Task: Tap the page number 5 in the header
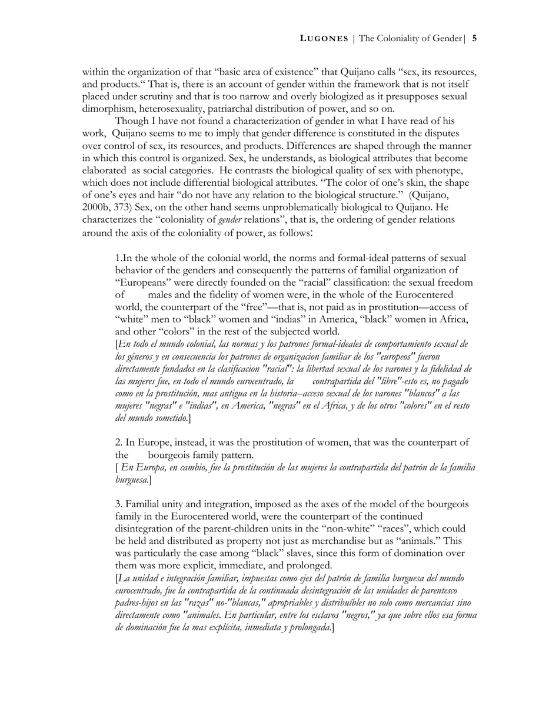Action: point(474,39)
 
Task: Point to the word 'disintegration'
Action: point(147,528)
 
